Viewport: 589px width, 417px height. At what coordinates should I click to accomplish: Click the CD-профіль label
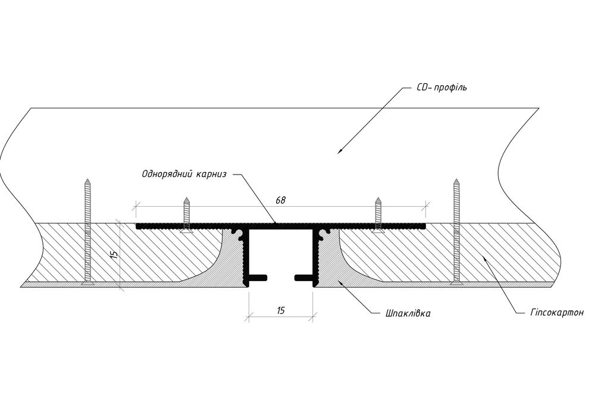[441, 88]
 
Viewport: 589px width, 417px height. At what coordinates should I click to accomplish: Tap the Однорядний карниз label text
[184, 174]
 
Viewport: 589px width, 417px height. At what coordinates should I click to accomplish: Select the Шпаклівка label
[408, 313]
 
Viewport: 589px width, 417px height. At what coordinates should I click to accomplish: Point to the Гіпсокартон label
[557, 313]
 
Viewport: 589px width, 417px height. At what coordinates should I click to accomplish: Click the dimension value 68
[280, 200]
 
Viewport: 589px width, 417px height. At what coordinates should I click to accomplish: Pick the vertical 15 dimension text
[115, 254]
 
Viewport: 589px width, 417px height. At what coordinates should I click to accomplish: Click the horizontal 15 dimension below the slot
[280, 310]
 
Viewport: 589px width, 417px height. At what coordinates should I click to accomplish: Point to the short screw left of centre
[186, 215]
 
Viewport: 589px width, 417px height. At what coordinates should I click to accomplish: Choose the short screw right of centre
[378, 215]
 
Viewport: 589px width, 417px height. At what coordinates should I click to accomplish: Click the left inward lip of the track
[258, 278]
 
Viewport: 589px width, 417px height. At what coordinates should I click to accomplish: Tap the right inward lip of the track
[304, 278]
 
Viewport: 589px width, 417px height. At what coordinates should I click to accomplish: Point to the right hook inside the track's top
[324, 233]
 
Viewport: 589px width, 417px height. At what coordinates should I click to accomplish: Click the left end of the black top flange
[136, 226]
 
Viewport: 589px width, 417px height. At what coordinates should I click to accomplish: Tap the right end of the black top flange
[425, 226]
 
